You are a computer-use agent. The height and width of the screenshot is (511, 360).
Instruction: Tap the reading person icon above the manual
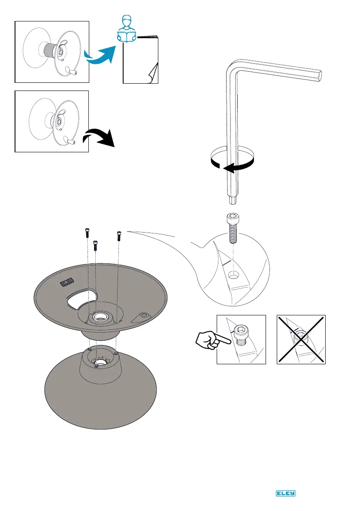coord(127,30)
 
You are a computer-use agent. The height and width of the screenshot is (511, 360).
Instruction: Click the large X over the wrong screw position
coord(301,339)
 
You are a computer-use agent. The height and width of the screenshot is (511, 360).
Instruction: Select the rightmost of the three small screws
coord(119,235)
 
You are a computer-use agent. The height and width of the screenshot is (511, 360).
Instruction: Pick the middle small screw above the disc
coord(96,244)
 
